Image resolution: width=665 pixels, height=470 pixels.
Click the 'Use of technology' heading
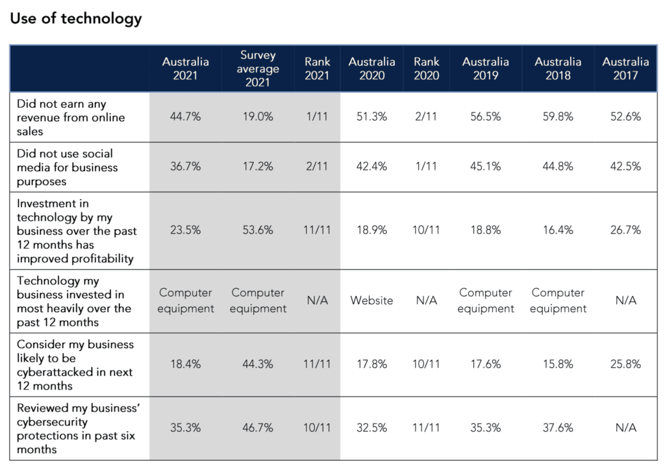pos(75,19)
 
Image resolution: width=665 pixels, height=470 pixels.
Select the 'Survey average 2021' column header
pos(258,69)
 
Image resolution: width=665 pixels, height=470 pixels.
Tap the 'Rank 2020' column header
pos(426,69)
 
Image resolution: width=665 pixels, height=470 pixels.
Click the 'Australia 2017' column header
pos(625,69)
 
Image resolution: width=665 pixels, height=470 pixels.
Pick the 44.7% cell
pos(186,117)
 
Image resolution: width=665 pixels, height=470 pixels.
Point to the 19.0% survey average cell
pos(258,117)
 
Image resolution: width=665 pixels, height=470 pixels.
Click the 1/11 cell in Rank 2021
pos(318,117)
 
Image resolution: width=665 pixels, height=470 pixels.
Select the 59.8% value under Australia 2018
pos(558,117)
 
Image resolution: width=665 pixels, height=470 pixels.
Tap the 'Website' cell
pos(371,301)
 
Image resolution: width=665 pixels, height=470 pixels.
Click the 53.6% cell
pos(258,230)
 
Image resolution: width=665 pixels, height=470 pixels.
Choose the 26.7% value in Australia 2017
pos(625,230)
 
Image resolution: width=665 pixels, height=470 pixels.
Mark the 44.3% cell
pos(258,364)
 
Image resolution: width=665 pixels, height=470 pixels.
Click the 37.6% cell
pos(558,428)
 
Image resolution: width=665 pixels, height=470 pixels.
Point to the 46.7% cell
pos(258,428)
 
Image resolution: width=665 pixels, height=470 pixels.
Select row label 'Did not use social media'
pos(67,167)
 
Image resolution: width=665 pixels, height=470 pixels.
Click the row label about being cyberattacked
pos(75,365)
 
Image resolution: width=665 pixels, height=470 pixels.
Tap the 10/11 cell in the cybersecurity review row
pos(318,428)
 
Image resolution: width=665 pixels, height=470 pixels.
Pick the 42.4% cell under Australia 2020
pos(371,167)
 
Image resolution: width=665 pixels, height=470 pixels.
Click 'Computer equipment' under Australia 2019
pos(485,301)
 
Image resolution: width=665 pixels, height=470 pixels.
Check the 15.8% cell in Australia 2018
pos(558,364)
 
